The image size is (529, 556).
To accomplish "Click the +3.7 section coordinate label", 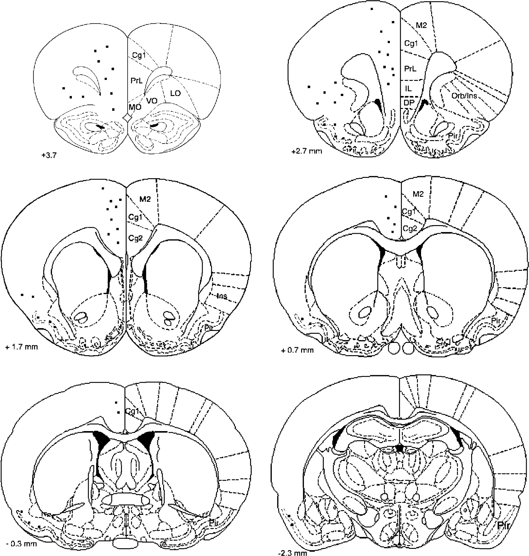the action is pyautogui.click(x=49, y=155).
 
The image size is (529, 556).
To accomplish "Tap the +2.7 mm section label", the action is pyautogui.click(x=307, y=151).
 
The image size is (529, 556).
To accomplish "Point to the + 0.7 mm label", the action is pyautogui.click(x=297, y=350).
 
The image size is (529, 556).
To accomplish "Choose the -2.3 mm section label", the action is pyautogui.click(x=293, y=553).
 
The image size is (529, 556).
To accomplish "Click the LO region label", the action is pyautogui.click(x=175, y=93).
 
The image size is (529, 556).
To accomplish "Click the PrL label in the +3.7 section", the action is pyautogui.click(x=137, y=81).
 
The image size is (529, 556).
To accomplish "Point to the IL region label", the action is pyautogui.click(x=408, y=89).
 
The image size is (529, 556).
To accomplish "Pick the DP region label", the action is pyautogui.click(x=409, y=103).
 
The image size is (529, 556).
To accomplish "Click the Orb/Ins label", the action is pyautogui.click(x=464, y=95).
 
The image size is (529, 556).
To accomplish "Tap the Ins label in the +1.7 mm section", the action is pyautogui.click(x=222, y=296).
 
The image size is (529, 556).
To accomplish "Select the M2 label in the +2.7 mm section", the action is pyautogui.click(x=421, y=25).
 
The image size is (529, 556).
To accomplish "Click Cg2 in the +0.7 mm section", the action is pyautogui.click(x=410, y=228).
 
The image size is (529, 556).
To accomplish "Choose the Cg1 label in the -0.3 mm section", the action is pyautogui.click(x=132, y=411).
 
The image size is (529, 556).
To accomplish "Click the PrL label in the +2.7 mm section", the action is pyautogui.click(x=410, y=69).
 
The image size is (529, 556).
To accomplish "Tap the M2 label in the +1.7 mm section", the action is pyautogui.click(x=145, y=199).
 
